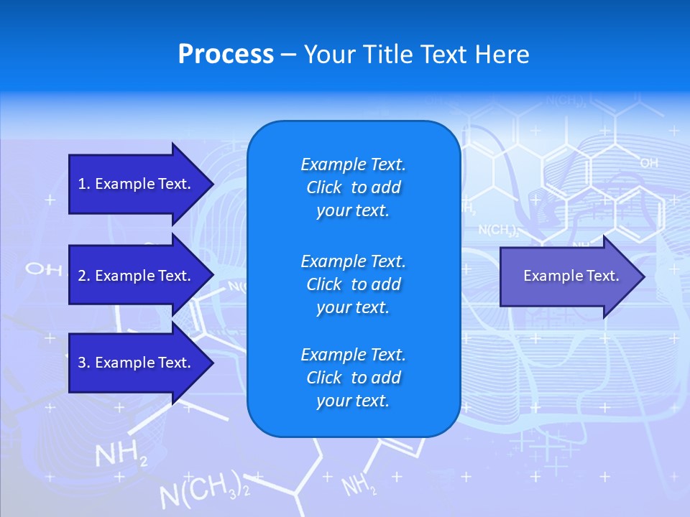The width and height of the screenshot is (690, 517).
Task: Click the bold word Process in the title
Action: pos(226,55)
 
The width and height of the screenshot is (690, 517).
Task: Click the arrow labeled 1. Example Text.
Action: pos(137,184)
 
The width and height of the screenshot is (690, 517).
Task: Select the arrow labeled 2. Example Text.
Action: pos(137,276)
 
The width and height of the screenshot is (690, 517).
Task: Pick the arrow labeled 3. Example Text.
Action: pos(137,363)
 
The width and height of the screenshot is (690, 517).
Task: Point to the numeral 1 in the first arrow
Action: pos(82,184)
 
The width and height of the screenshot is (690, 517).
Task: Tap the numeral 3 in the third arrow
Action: pos(82,363)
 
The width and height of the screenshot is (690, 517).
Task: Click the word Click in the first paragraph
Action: pos(323,187)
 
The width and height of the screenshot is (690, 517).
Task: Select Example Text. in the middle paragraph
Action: pos(353,261)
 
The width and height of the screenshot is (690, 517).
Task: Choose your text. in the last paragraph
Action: pos(353,401)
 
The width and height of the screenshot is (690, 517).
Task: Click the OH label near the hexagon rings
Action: pos(648,164)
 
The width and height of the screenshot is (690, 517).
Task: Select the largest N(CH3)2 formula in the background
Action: pos(204,491)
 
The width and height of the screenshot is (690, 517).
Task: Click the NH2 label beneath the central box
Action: pos(359,486)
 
